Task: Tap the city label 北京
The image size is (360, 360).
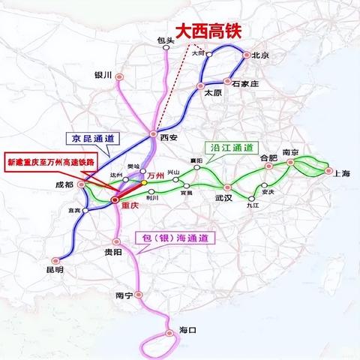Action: (260, 55)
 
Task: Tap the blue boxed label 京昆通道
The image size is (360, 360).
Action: (88, 139)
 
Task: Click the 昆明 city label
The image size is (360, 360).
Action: (54, 268)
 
